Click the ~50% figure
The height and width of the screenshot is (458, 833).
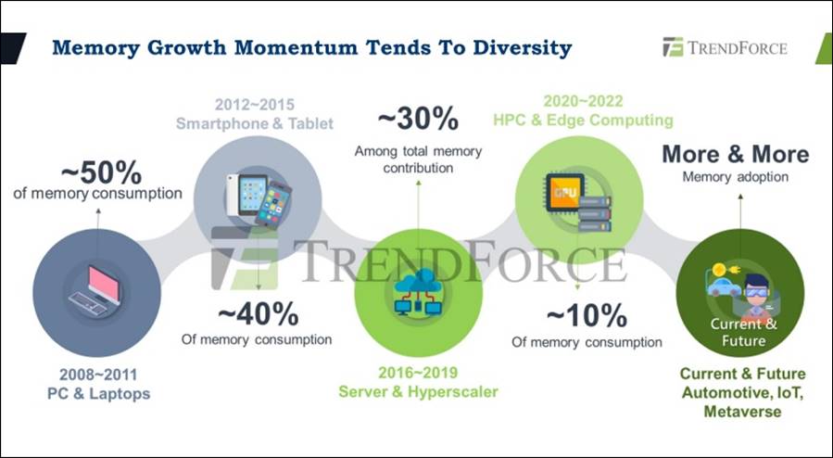(102, 172)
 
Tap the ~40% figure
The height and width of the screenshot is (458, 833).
(259, 314)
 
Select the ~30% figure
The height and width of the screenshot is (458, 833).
(418, 119)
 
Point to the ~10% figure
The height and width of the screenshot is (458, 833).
(587, 316)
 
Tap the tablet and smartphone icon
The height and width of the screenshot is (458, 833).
(259, 200)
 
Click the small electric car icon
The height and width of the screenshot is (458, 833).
(724, 286)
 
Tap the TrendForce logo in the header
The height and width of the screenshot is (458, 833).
(725, 47)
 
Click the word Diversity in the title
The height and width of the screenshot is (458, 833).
(523, 48)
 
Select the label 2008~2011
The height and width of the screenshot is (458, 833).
(98, 375)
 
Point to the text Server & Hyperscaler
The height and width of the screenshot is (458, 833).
(418, 392)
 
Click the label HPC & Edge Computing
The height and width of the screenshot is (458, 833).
(584, 121)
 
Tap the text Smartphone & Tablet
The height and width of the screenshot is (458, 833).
(255, 123)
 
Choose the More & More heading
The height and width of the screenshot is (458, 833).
(736, 154)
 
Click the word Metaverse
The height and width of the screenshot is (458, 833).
(742, 412)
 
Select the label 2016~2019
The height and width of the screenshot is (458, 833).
(418, 373)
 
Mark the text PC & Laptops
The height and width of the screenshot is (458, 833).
(99, 394)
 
